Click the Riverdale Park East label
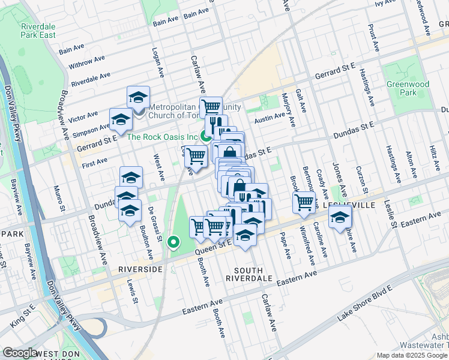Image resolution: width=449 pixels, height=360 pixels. pos(38,31)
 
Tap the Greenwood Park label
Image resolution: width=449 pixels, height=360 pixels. pos(402,89)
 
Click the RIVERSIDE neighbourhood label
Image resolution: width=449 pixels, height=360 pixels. pos(140,269)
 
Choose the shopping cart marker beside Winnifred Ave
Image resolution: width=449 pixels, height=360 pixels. pos(304,202)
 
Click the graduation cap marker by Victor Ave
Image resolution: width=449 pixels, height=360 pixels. pos(138,97)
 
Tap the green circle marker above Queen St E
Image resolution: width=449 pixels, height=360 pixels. pos(173,243)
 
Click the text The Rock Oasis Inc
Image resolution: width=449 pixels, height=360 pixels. pos(162,137)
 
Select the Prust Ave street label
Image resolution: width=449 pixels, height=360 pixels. pos(374,37)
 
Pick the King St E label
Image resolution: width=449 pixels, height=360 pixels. pos(21,312)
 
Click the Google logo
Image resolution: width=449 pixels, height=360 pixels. pos(20,353)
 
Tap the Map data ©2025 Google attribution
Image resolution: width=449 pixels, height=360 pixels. pos(411,355)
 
